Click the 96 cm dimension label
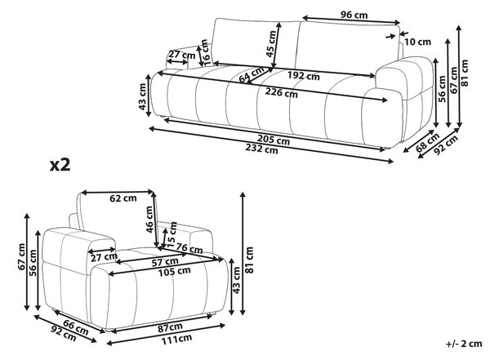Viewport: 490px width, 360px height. click(x=354, y=15)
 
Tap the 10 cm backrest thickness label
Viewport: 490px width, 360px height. click(x=417, y=42)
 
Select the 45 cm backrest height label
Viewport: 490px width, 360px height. click(x=271, y=44)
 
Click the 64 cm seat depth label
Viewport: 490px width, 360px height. click(x=252, y=74)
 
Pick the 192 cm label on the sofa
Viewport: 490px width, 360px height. click(x=304, y=76)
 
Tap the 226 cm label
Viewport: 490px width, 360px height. click(x=281, y=92)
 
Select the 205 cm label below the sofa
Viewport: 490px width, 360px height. click(x=274, y=140)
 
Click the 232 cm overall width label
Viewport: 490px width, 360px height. click(x=261, y=149)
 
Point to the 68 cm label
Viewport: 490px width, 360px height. click(x=427, y=142)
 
